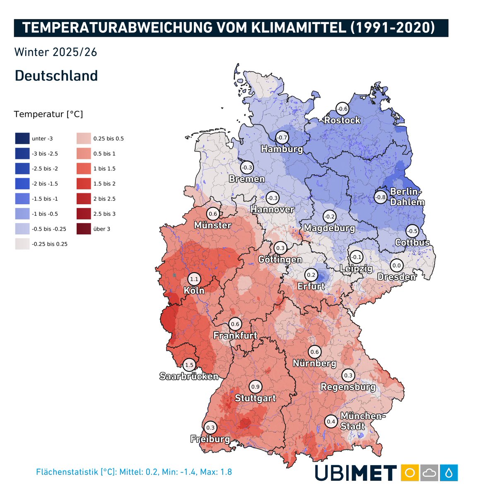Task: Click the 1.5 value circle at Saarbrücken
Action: pyautogui.click(x=189, y=365)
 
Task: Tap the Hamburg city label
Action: pyautogui.click(x=282, y=149)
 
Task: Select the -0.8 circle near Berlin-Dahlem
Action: pyautogui.click(x=381, y=197)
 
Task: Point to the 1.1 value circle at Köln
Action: pyautogui.click(x=194, y=279)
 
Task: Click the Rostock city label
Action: pyautogui.click(x=342, y=121)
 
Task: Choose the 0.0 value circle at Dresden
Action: pyautogui.click(x=396, y=265)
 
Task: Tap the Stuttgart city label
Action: pyautogui.click(x=255, y=398)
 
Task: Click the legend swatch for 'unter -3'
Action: pyautogui.click(x=22, y=139)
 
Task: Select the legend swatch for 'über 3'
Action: pyautogui.click(x=84, y=229)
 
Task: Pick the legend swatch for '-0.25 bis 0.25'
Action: pyautogui.click(x=22, y=244)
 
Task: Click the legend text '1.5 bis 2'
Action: pyautogui.click(x=104, y=184)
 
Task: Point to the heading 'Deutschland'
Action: pyautogui.click(x=56, y=76)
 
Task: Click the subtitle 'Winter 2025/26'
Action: pyautogui.click(x=55, y=52)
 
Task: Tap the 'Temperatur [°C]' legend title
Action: pyautogui.click(x=48, y=114)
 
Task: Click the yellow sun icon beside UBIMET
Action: pyautogui.click(x=410, y=473)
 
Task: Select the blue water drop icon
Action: pyautogui.click(x=449, y=473)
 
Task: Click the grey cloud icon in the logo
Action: pyautogui.click(x=429, y=473)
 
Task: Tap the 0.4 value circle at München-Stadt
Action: pyautogui.click(x=331, y=422)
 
